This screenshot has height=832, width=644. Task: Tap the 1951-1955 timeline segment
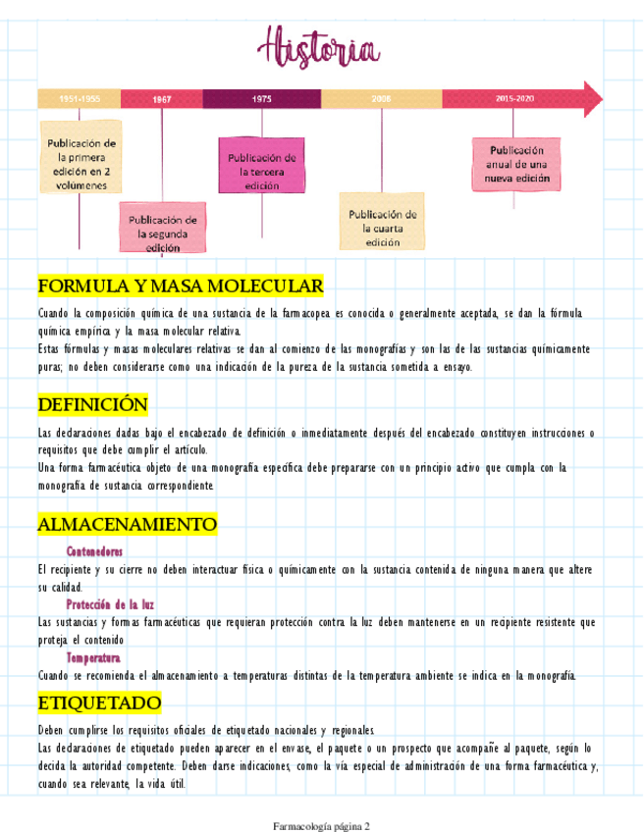tap(79, 99)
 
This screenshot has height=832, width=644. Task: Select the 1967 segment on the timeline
tap(162, 99)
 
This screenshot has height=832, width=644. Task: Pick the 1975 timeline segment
tap(261, 99)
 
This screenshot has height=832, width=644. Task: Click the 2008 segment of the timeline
tap(381, 99)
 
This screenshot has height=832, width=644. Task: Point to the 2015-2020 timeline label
tap(514, 99)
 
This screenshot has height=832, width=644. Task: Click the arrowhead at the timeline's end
tap(592, 98)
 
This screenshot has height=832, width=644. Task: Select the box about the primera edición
tap(81, 156)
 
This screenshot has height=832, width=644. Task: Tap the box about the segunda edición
tap(163, 229)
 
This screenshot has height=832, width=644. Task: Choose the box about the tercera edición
tap(262, 165)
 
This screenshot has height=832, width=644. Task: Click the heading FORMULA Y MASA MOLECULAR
tap(181, 286)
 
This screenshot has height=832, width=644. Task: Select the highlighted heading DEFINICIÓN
tap(93, 404)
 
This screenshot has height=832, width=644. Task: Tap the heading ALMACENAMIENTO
tap(127, 525)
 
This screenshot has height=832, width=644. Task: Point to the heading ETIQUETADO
tap(99, 703)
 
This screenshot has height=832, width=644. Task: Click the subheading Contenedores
tap(94, 551)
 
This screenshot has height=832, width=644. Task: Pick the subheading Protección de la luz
tap(110, 604)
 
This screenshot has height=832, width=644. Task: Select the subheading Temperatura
tap(93, 657)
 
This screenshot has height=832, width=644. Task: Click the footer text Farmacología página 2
tap(321, 826)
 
